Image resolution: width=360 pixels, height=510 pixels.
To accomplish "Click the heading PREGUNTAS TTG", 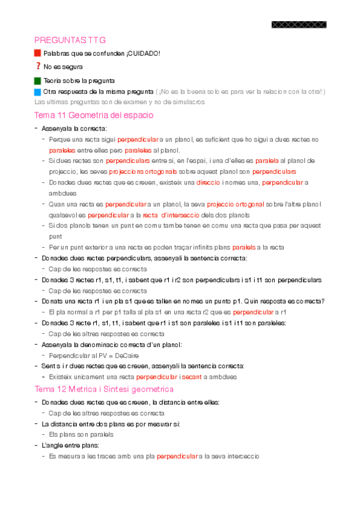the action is (x=70, y=40).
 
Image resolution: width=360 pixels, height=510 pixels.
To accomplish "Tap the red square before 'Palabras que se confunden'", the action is (x=38, y=54).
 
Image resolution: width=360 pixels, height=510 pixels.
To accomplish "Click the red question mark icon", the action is (x=38, y=66).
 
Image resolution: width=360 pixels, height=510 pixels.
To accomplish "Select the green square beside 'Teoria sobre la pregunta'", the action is (x=38, y=80).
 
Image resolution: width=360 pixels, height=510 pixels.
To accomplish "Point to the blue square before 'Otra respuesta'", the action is (x=38, y=91).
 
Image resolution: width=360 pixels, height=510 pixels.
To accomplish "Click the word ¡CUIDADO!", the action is (x=144, y=54).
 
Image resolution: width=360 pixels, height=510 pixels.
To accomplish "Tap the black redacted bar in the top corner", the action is (x=299, y=25).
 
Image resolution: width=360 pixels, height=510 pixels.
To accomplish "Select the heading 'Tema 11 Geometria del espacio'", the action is (x=94, y=115).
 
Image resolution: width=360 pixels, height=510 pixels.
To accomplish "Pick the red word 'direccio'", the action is (x=208, y=182).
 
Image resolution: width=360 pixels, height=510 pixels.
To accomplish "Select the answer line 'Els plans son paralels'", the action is (x=81, y=434).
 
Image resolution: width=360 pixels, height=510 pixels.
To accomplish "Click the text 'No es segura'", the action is (x=63, y=67).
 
